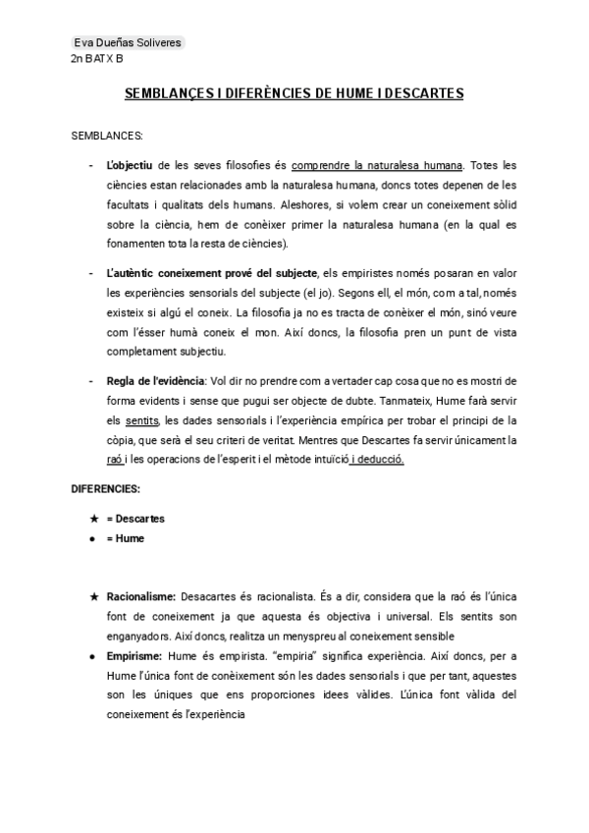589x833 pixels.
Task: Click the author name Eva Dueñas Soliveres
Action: click(127, 43)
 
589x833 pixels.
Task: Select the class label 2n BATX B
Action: click(97, 59)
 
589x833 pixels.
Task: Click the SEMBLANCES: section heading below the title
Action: click(108, 135)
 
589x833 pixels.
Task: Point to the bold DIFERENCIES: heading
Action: click(106, 488)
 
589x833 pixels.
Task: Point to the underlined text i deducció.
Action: click(377, 459)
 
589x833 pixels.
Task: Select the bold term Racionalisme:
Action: click(141, 595)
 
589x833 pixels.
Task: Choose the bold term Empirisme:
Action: click(135, 655)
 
